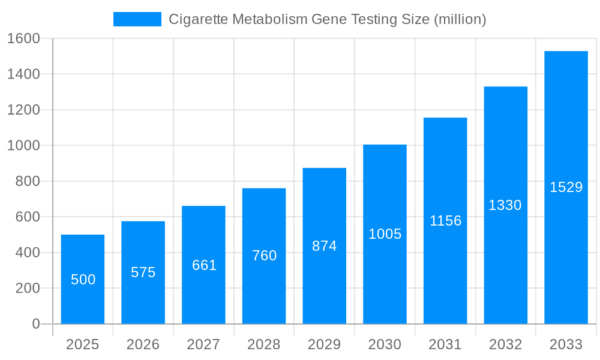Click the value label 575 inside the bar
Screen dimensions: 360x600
[x=143, y=272]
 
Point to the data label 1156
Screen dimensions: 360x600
[x=445, y=221]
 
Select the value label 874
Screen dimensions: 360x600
[x=325, y=246]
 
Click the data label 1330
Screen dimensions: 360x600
[x=505, y=205]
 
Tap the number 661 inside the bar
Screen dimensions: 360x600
[x=204, y=265]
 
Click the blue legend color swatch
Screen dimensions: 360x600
[x=137, y=19]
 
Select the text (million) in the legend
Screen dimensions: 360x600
[x=460, y=19]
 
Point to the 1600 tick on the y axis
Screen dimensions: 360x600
[x=23, y=38]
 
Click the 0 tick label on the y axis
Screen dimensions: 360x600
[x=35, y=324]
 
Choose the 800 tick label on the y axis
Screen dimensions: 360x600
[x=27, y=181]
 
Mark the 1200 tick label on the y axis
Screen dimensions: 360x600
[x=23, y=110]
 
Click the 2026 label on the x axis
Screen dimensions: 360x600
[x=143, y=344]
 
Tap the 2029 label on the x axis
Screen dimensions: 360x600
[x=325, y=344]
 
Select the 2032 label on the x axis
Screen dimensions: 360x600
[x=505, y=344]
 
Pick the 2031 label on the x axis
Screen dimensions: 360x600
[x=445, y=344]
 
